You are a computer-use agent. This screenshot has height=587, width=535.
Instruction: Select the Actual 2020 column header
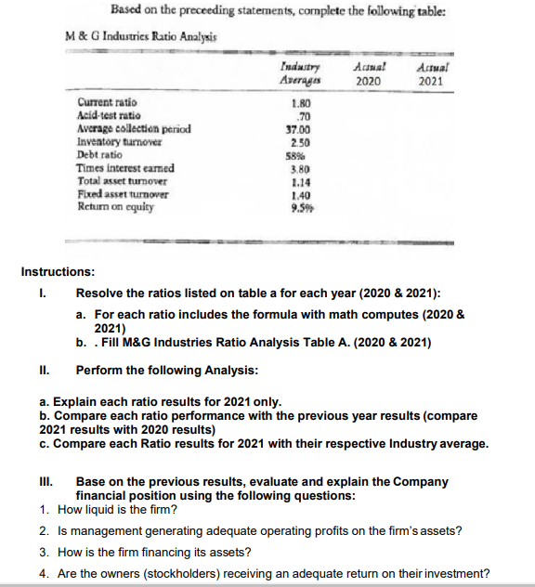click(x=369, y=74)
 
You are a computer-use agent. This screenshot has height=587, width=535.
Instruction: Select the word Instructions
click(x=58, y=272)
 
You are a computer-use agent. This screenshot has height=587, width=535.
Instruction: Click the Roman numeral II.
click(x=46, y=370)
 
